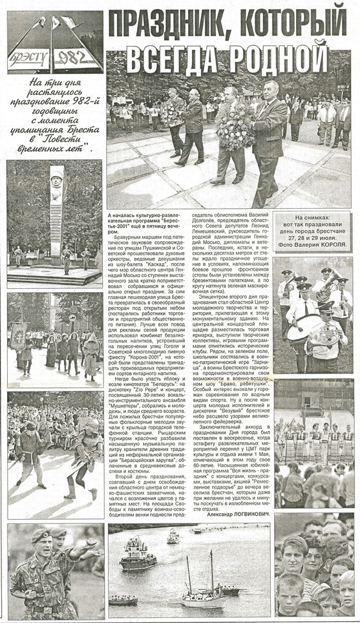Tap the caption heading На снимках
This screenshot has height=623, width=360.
coord(316,220)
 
